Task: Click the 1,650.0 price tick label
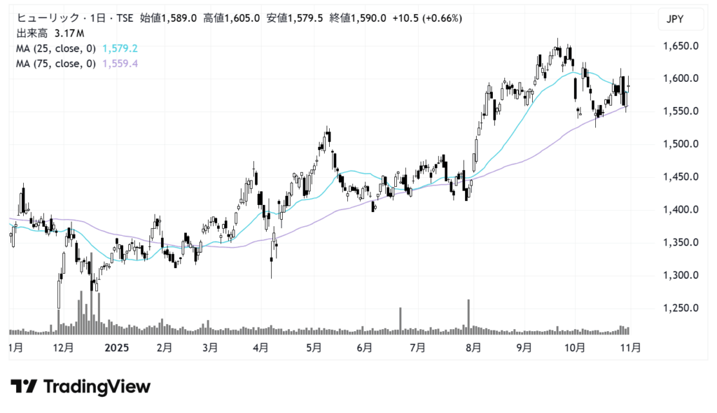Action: tap(681, 46)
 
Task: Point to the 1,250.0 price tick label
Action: tap(681, 308)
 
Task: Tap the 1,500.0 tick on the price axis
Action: tap(681, 144)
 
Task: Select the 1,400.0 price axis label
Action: tap(681, 210)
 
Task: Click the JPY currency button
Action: tap(681, 20)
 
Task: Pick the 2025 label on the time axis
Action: tap(116, 346)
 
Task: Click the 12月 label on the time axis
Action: tap(63, 346)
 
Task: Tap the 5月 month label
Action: tap(314, 346)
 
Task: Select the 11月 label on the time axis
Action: tap(630, 346)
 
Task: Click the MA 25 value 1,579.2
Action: tap(119, 48)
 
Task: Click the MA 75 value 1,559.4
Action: tap(119, 64)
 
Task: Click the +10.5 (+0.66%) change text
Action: tap(427, 18)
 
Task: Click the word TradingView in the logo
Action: tap(97, 386)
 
